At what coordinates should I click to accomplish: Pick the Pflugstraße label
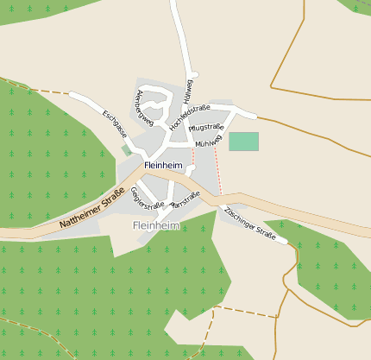tap(206, 128)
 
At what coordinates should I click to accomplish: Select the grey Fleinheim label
tap(156, 225)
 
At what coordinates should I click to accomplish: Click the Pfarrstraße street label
tap(185, 200)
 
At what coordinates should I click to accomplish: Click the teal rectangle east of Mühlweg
tap(243, 142)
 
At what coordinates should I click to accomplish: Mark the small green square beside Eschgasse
tap(127, 149)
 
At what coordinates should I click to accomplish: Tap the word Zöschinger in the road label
tap(239, 218)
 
